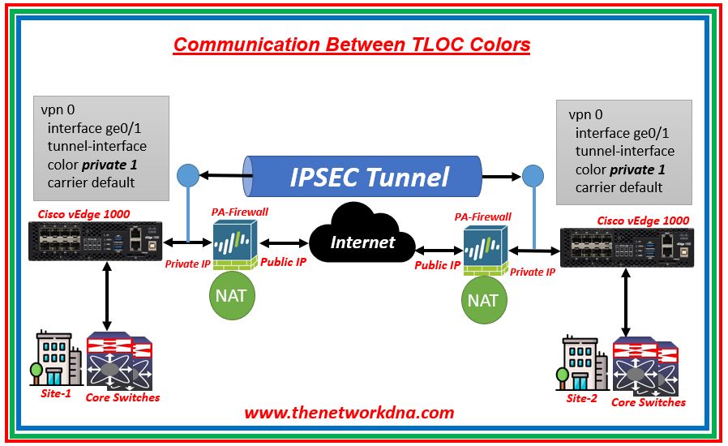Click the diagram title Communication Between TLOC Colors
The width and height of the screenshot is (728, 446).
pos(352,44)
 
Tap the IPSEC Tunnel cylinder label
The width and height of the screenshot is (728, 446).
pos(369,176)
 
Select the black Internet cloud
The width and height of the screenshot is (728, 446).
pos(362,240)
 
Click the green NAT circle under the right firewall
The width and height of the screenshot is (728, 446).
pos(483,299)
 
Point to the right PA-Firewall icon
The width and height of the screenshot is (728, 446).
pos(486,247)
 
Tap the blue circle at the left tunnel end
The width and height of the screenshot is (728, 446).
pos(187,174)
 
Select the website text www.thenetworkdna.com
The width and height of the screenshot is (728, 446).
pos(349,413)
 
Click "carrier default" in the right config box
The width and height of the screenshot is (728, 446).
pos(619,187)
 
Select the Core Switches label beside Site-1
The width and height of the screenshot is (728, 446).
pos(122,397)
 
